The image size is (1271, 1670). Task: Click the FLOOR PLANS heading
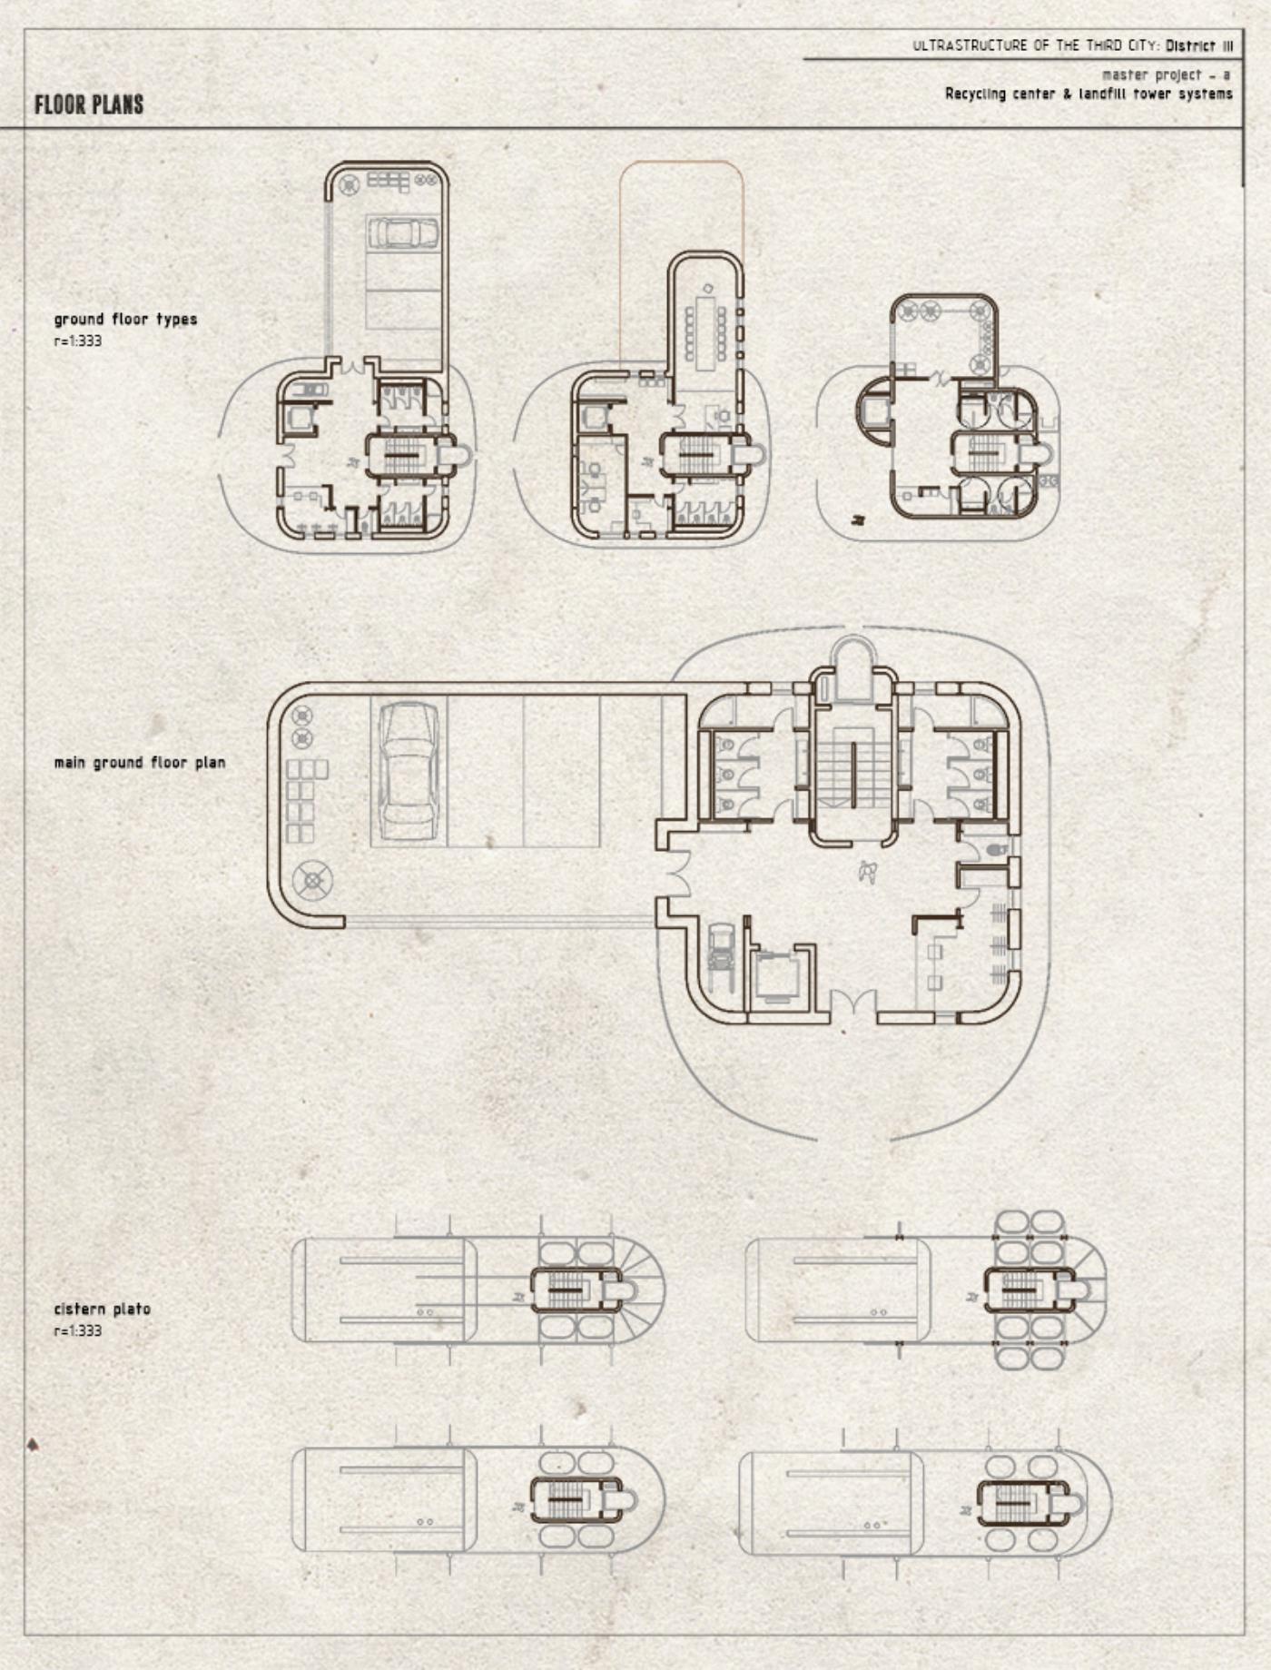[89, 104]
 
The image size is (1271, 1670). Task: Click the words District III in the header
[1199, 45]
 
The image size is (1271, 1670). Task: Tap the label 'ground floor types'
[125, 320]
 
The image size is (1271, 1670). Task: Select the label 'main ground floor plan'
[140, 763]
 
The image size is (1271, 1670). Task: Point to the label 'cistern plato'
[103, 1309]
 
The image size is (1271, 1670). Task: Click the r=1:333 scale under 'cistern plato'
[78, 1330]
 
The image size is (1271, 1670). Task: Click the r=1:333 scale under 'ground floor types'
[78, 341]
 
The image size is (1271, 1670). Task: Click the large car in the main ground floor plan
[409, 770]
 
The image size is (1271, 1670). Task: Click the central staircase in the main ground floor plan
[852, 775]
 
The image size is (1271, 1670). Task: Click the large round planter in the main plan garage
[312, 880]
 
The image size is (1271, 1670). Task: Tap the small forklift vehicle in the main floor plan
[721, 950]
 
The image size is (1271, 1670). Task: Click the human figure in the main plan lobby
[868, 872]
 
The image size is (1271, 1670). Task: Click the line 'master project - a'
[1167, 74]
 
